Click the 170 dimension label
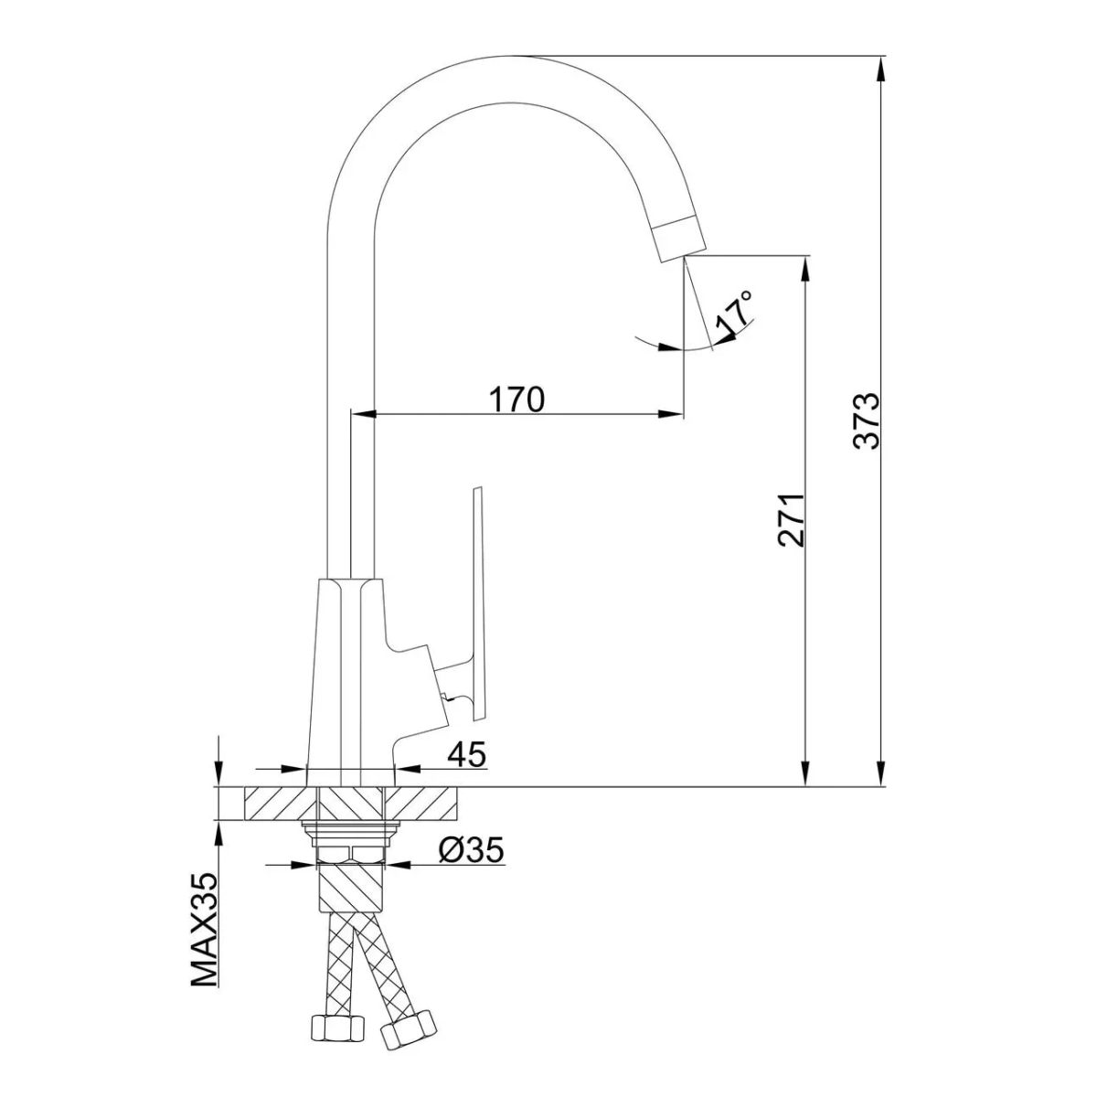pos(517,399)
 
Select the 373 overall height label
pos(867,421)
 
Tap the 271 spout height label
pos(792,520)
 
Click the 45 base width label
pos(467,755)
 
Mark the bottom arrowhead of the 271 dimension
pos(805,773)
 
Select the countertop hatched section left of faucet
pos(280,804)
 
